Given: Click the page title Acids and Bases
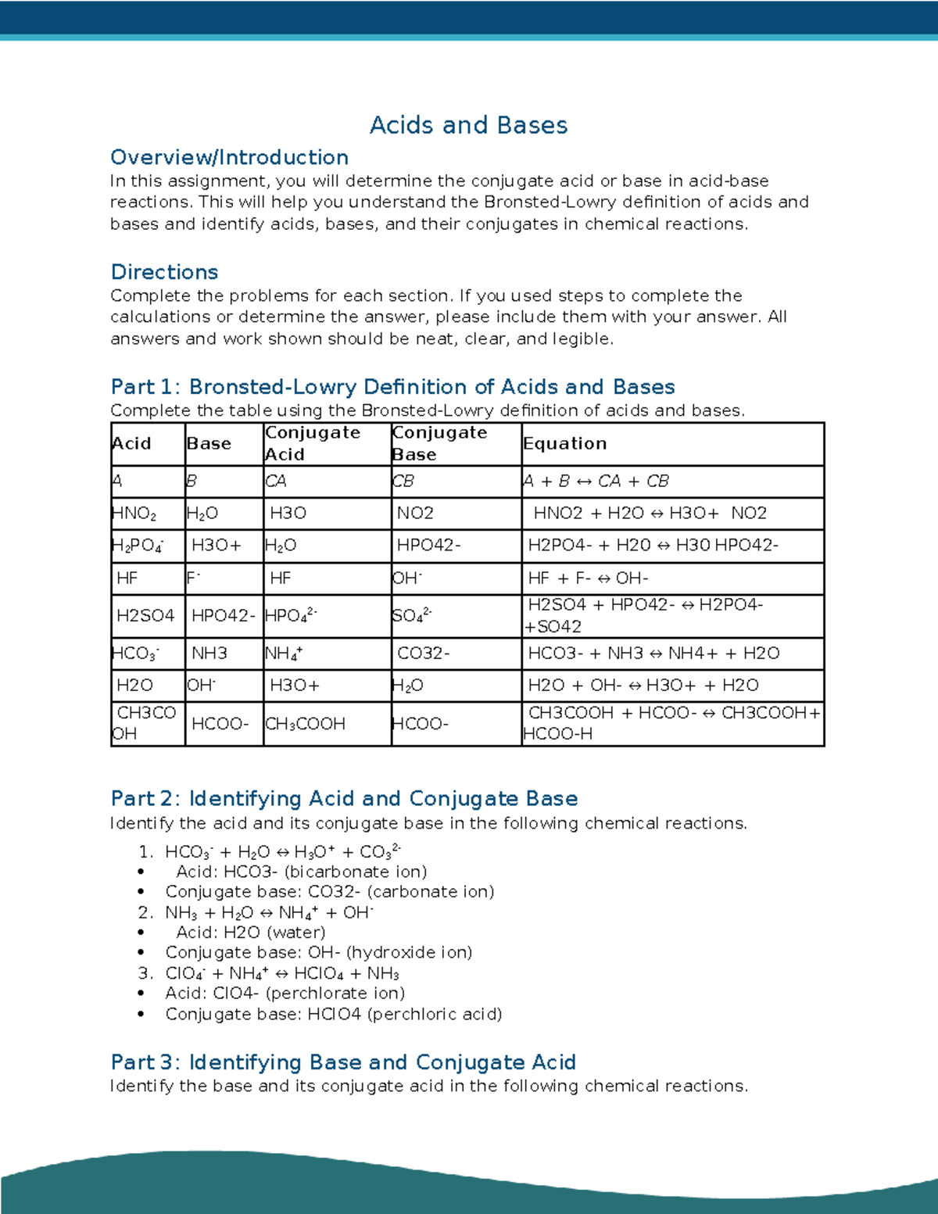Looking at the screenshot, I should (x=468, y=125).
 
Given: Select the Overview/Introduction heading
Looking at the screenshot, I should (x=229, y=157).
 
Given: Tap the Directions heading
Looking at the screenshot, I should (x=164, y=272).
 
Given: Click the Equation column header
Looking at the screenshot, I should (x=564, y=443).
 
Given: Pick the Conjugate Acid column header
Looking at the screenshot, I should (x=313, y=443).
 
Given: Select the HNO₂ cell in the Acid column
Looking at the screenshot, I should (x=134, y=514).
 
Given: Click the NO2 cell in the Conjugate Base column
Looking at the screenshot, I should (x=415, y=514).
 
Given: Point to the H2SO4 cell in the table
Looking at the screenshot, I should (x=145, y=616).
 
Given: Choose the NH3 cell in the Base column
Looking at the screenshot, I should (x=209, y=654).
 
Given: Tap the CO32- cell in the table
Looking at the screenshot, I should (x=423, y=654).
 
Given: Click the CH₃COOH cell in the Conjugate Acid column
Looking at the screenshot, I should (x=306, y=724).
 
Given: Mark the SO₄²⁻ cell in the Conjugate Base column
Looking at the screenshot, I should (x=411, y=616).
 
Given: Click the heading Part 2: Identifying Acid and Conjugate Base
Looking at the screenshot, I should (x=344, y=798).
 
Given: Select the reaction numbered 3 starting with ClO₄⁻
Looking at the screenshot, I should (x=282, y=973).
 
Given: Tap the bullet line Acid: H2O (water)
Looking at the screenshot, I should (x=250, y=933).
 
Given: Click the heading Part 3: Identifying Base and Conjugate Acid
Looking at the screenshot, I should (x=343, y=1062).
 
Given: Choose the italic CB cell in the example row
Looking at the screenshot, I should (x=403, y=482).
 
